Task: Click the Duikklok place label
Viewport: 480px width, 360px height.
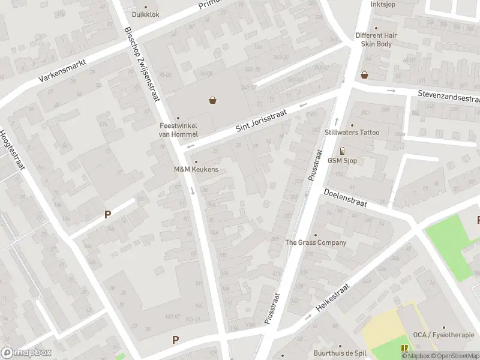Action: (x=145, y=14)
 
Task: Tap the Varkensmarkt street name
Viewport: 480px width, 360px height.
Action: (x=62, y=70)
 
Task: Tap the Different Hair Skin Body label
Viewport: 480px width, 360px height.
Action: (x=376, y=40)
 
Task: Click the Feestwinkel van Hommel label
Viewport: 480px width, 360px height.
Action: (x=178, y=130)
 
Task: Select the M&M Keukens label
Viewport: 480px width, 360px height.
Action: (x=196, y=169)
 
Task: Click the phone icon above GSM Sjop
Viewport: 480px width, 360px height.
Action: (x=342, y=151)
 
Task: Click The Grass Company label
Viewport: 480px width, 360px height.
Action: (x=316, y=242)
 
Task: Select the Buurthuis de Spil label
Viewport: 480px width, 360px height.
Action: (x=340, y=353)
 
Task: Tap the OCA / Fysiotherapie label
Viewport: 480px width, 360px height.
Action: (x=443, y=335)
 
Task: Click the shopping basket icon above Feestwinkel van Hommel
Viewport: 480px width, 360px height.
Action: (x=212, y=100)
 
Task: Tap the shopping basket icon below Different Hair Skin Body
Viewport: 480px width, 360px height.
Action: (x=364, y=75)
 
